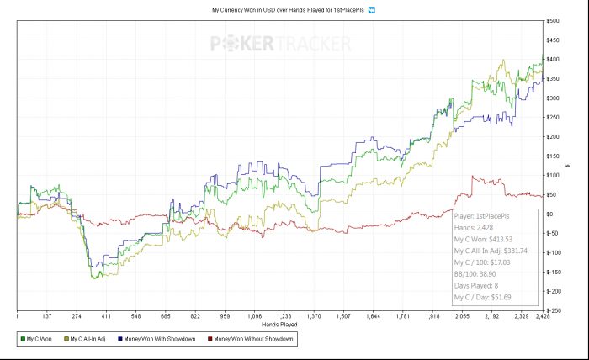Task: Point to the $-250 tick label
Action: (x=555, y=310)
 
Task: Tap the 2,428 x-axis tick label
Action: (x=542, y=316)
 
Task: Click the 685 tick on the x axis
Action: (x=166, y=316)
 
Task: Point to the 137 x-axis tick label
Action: (x=48, y=316)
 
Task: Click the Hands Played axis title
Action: (x=279, y=324)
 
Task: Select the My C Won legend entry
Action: (x=40, y=338)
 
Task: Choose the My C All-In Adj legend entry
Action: (x=90, y=338)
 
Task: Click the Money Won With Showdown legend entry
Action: (x=159, y=338)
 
